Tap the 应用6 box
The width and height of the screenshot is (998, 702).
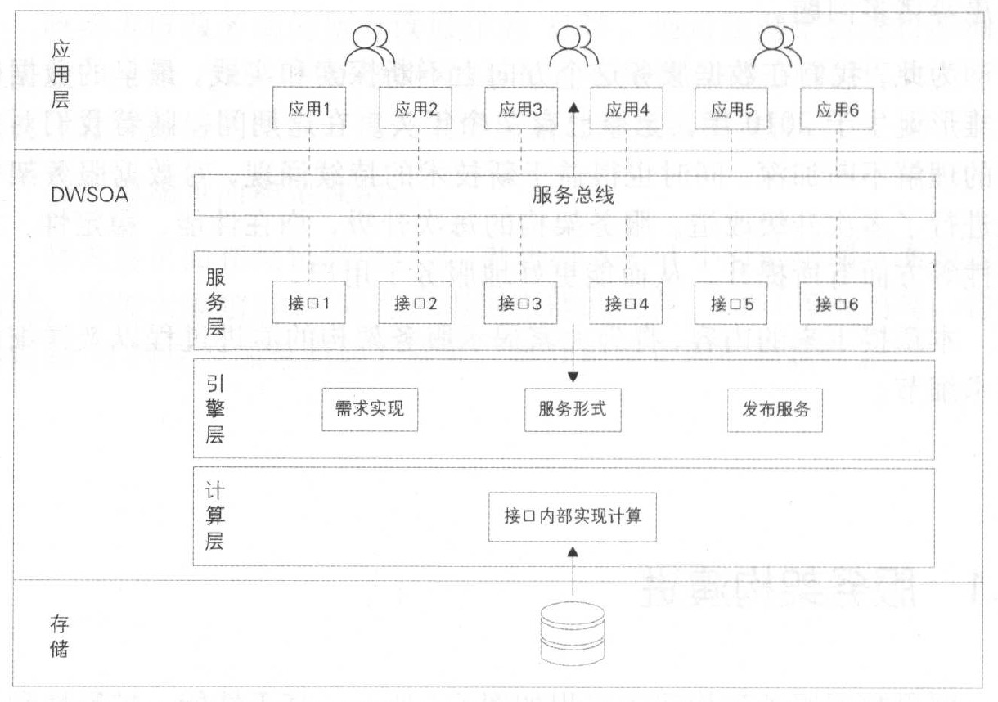click(x=837, y=110)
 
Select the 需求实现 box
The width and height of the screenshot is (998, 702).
click(x=370, y=408)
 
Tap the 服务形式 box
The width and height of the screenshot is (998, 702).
click(x=573, y=408)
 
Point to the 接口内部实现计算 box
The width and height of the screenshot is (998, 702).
click(x=573, y=516)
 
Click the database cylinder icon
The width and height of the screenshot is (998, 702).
click(x=573, y=632)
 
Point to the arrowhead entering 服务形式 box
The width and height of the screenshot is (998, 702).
click(x=573, y=376)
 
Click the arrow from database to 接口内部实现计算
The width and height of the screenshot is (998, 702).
click(x=573, y=573)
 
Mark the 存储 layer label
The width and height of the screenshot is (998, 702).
click(x=59, y=637)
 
